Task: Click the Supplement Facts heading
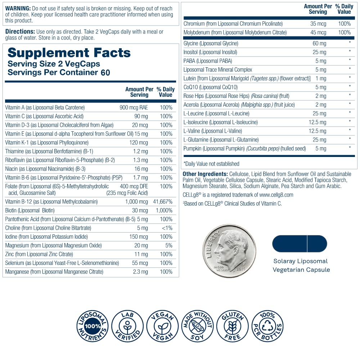point(69,53)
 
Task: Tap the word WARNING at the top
point(17,8)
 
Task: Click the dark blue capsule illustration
point(300,243)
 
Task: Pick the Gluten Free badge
point(232,327)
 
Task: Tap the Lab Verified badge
point(127,327)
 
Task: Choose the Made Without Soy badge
point(197,327)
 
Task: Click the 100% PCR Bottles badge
point(267,327)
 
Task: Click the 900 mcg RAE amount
point(134,107)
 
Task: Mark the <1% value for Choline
point(167,228)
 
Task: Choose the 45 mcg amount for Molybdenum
point(318,32)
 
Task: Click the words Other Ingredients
point(205,174)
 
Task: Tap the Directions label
point(20,32)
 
